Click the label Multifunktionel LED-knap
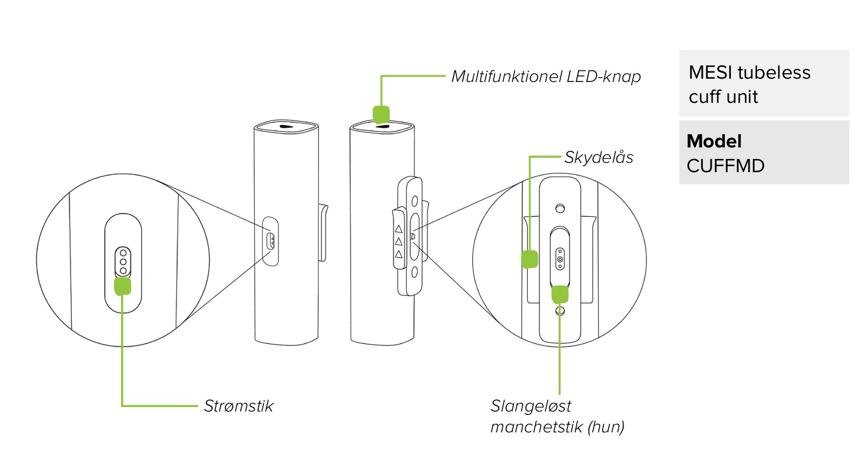pyautogui.click(x=545, y=76)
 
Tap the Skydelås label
pyautogui.click(x=598, y=157)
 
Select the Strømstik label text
pyautogui.click(x=238, y=406)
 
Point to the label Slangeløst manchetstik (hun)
pyautogui.click(x=557, y=416)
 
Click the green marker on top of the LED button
pyautogui.click(x=381, y=114)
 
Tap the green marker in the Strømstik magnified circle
pyautogui.click(x=122, y=286)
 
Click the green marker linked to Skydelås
pyautogui.click(x=529, y=259)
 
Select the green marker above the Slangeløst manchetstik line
pyautogui.click(x=560, y=294)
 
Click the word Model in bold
pyautogui.click(x=714, y=141)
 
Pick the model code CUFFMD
pyautogui.click(x=725, y=166)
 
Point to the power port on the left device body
pyautogui.click(x=270, y=241)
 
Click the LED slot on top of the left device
pyautogui.click(x=286, y=126)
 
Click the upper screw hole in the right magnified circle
pyautogui.click(x=560, y=208)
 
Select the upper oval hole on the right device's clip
pyautogui.click(x=415, y=202)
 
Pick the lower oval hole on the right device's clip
pyautogui.click(x=415, y=271)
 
